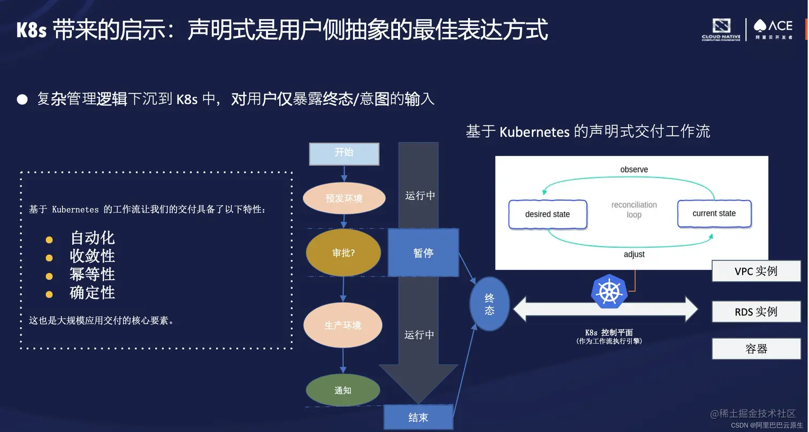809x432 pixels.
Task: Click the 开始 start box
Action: click(344, 153)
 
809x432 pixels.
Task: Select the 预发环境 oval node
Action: click(344, 198)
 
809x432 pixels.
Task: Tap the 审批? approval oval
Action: click(343, 253)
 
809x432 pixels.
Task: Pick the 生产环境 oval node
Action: click(343, 325)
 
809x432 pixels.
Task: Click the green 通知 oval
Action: click(343, 390)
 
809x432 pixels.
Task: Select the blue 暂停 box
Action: click(423, 253)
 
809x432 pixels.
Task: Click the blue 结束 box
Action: click(418, 418)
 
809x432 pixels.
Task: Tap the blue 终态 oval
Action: click(489, 304)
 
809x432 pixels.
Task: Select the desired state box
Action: click(547, 214)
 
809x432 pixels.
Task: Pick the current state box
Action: click(714, 213)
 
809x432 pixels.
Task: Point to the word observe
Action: click(634, 169)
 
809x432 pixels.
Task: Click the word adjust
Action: click(634, 254)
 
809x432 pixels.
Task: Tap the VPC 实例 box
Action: click(755, 271)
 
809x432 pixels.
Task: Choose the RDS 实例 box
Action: click(755, 312)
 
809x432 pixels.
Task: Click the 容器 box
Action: click(755, 349)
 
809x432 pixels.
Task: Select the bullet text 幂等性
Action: click(92, 274)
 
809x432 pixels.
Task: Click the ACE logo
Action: click(773, 29)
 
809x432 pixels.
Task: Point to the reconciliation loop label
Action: click(634, 210)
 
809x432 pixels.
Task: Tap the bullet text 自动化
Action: click(92, 238)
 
